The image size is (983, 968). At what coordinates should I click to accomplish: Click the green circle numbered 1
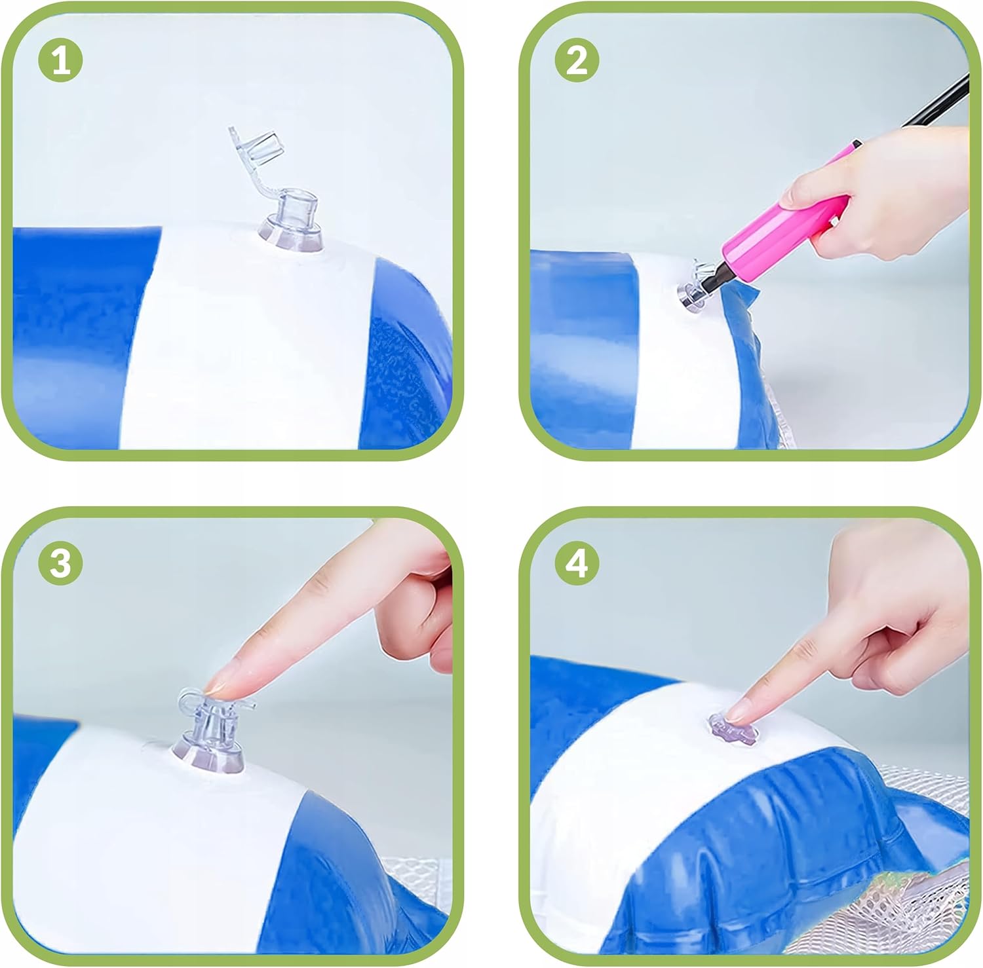tap(61, 61)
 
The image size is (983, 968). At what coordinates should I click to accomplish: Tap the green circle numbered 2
tap(577, 61)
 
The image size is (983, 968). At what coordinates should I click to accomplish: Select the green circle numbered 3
tap(61, 563)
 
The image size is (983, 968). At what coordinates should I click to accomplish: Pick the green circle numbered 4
tap(577, 563)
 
